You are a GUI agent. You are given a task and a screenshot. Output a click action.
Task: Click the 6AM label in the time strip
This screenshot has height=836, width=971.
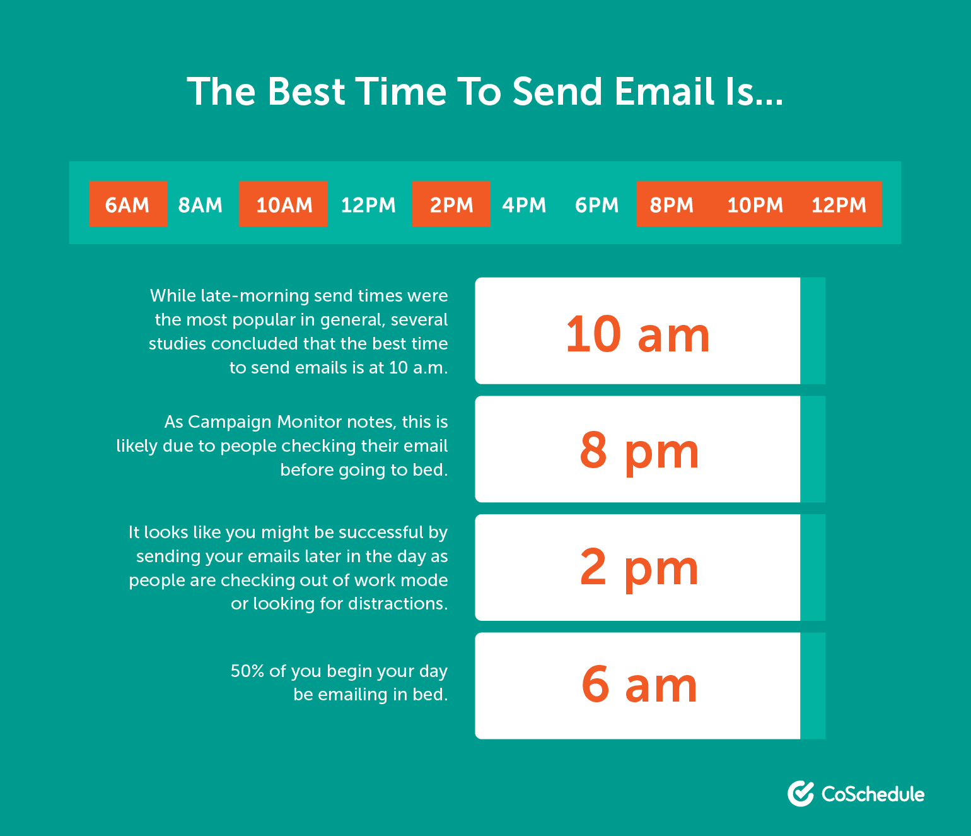(x=127, y=205)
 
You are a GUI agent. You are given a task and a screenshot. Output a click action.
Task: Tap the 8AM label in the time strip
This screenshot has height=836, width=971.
(x=200, y=205)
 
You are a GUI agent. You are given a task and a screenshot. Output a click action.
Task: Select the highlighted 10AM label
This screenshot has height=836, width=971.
(x=284, y=205)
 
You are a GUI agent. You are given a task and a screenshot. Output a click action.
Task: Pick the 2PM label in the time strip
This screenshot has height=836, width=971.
(x=451, y=205)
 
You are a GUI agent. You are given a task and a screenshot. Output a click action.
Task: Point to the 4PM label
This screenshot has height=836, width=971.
(x=524, y=205)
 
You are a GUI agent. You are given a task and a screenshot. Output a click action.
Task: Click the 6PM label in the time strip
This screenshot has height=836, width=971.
(x=596, y=205)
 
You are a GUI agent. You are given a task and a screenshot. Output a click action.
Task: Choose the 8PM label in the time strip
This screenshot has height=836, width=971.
(x=672, y=205)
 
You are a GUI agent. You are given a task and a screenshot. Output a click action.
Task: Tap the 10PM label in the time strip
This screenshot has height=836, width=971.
(x=755, y=205)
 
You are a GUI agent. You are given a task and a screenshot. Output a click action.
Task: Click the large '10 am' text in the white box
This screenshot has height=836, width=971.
(x=637, y=334)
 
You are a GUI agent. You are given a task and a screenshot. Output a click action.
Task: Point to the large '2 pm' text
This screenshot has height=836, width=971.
(x=639, y=569)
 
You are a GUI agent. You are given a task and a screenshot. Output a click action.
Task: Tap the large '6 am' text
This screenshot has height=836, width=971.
(x=639, y=685)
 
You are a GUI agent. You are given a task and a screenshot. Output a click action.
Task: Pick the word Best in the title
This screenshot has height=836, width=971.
(x=306, y=91)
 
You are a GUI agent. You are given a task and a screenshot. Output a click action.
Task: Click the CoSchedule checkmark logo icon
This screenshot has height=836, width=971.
(x=801, y=793)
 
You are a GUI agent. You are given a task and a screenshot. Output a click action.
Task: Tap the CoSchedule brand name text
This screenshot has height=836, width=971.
(x=873, y=794)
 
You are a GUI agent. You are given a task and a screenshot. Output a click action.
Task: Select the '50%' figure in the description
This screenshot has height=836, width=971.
(x=248, y=671)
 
